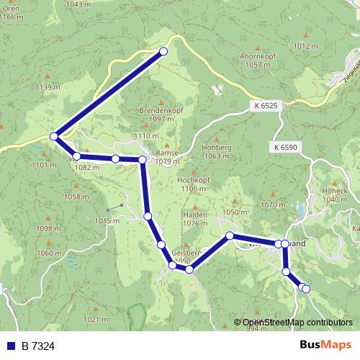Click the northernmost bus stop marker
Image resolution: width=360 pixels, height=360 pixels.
(x=163, y=51)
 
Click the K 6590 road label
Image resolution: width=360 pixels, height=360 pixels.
(x=287, y=147)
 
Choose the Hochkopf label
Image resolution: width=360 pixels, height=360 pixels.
(x=192, y=179)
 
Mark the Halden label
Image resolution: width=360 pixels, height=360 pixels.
(x=196, y=215)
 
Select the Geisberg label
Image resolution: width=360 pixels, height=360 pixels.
(x=186, y=253)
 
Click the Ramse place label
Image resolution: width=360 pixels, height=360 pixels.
(x=166, y=153)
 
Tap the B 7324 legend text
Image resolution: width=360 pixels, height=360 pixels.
(x=38, y=346)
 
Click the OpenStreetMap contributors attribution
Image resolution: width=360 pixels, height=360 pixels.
(x=297, y=323)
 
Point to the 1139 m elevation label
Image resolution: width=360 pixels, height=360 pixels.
(x=48, y=87)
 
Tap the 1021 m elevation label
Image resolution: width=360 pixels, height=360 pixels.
(x=96, y=319)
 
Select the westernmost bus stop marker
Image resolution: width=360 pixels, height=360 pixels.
(x=53, y=135)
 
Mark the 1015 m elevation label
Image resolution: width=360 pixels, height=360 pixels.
(x=106, y=220)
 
